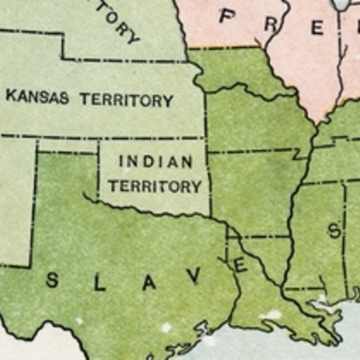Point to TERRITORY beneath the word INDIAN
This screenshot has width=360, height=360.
click(155, 186)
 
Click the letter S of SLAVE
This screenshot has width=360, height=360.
click(51, 280)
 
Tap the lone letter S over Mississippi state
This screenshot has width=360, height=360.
click(334, 229)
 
